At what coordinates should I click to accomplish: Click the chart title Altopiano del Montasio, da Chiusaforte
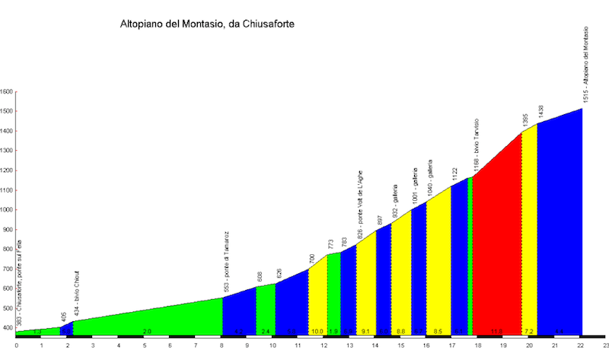[207, 24]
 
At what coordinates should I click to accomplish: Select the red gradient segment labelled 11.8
[496, 228]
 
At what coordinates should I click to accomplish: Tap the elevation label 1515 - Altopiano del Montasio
[585, 65]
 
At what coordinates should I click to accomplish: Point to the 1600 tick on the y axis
[7, 92]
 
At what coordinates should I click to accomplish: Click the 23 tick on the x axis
[605, 345]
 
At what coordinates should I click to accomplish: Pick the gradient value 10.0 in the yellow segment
[317, 332]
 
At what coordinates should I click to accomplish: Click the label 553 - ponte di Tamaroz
[226, 263]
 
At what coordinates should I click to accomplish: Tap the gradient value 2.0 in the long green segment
[147, 332]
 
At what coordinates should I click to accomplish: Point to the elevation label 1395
[525, 121]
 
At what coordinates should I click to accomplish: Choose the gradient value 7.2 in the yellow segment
[529, 332]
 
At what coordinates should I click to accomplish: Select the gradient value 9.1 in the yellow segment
[365, 332]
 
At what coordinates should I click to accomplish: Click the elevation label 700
[312, 260]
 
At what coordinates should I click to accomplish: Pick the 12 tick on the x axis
[324, 345]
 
